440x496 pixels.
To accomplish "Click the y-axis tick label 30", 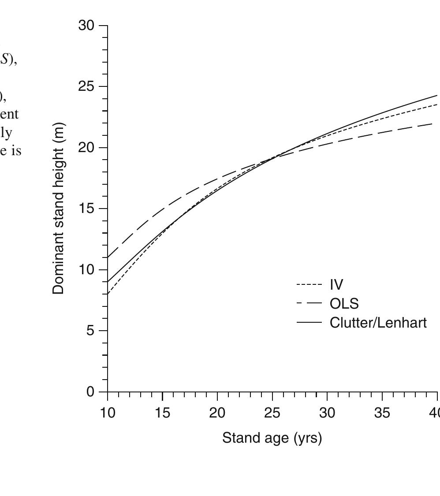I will (86, 26).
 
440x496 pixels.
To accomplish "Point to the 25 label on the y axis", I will (86, 87).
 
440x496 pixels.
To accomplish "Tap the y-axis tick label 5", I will (90, 331).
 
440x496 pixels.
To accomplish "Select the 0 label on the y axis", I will (90, 392).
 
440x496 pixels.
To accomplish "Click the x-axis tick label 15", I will (162, 413).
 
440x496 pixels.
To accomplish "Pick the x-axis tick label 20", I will (217, 413).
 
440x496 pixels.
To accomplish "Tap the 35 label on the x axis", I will (382, 413).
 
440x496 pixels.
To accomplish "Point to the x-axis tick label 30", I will (327, 413).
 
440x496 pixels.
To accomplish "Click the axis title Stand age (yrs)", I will (272, 438).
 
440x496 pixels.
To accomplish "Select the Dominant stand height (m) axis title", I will (58, 209).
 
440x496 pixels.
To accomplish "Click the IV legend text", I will (336, 285).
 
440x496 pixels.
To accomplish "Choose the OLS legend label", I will (344, 304).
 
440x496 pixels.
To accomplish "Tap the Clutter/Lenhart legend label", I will (378, 323).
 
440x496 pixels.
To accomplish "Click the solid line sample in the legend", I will (309, 323).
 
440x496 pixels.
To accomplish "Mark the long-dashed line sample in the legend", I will (309, 304).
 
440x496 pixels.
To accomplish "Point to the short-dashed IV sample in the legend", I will (309, 285).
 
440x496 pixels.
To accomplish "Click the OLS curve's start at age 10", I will (108, 257).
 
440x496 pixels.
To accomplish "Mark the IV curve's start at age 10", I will (108, 294).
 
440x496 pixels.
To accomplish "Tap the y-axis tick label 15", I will (86, 209).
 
